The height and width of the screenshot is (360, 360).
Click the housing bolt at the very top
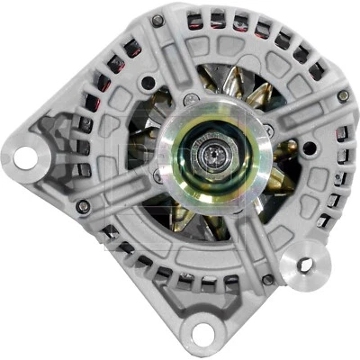coord(157,20)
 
